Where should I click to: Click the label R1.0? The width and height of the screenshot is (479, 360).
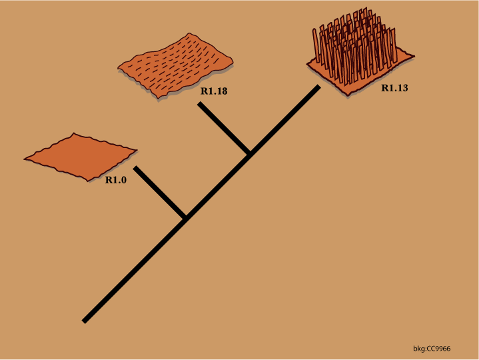[x=116, y=179]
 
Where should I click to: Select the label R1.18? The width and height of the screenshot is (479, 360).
[x=213, y=91]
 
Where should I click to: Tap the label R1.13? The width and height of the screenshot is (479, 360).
[x=395, y=88]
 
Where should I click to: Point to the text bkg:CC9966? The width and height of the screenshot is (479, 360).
[x=432, y=349]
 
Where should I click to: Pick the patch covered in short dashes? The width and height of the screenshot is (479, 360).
[x=176, y=64]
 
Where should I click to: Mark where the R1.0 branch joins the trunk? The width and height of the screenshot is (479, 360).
[x=185, y=218]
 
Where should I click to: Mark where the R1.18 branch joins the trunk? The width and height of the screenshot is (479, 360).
[x=250, y=155]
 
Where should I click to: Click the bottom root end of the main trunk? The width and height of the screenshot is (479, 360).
[x=85, y=321]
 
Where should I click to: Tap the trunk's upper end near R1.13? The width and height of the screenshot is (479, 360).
[x=318, y=87]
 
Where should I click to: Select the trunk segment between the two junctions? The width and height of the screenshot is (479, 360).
[x=218, y=186]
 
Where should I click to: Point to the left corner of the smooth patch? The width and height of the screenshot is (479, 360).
[x=25, y=159]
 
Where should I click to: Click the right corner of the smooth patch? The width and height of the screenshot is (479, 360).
[x=136, y=150]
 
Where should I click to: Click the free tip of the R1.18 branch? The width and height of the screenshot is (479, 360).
[x=200, y=104]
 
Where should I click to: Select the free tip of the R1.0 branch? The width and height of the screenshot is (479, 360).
[x=135, y=168]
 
